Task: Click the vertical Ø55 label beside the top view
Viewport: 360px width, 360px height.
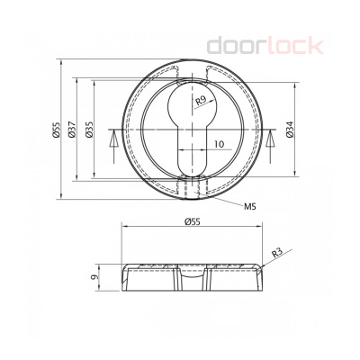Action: pyautogui.click(x=57, y=131)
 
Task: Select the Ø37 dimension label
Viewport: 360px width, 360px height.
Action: pyautogui.click(x=74, y=131)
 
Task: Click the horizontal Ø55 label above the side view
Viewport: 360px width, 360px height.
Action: pyautogui.click(x=192, y=221)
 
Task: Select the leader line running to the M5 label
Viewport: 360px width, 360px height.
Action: pyautogui.click(x=225, y=200)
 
